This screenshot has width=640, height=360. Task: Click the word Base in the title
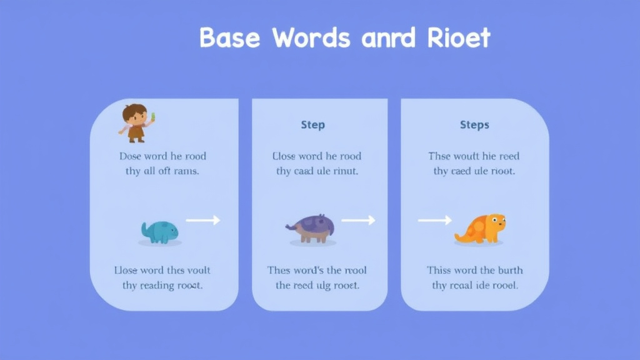coord(229,39)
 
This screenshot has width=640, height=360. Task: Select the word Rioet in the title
coord(459,39)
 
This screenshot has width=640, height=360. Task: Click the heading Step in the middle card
coord(312,125)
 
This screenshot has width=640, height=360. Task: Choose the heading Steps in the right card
coord(474,125)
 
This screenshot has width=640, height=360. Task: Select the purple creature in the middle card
coord(311,227)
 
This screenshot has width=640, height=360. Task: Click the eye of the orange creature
coord(495,219)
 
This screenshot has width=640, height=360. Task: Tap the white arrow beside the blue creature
coord(203,220)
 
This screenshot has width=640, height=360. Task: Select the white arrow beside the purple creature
coord(358,220)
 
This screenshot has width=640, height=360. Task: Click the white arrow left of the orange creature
coord(434,220)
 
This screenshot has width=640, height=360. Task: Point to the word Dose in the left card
coord(131,156)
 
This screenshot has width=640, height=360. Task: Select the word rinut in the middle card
coord(344,171)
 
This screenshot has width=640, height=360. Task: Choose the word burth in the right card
coord(511,271)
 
